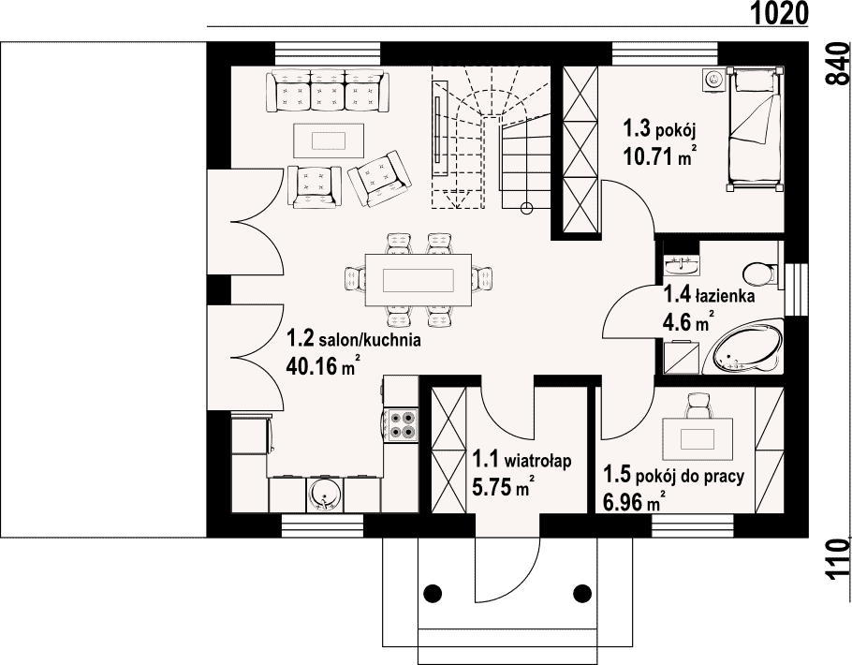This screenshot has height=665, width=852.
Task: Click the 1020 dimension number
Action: (780, 13)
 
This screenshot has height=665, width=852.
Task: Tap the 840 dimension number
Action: (837, 63)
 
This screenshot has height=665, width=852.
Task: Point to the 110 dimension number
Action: (837, 560)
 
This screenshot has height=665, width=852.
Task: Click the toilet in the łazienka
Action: (760, 273)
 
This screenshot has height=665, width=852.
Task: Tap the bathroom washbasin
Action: (682, 266)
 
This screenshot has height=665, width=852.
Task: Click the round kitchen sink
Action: (325, 495)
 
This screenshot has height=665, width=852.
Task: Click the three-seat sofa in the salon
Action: (328, 91)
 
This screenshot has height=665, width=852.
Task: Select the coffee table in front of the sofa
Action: (329, 140)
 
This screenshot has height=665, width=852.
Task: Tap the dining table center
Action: (418, 281)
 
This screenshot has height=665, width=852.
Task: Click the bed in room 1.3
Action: (756, 128)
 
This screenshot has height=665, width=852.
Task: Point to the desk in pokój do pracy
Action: (698, 438)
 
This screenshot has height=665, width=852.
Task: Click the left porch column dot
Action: (433, 592)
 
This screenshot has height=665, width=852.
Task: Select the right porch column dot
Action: (582, 592)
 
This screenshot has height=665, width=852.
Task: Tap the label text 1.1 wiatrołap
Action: (521, 460)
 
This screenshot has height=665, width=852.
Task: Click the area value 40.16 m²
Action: (323, 366)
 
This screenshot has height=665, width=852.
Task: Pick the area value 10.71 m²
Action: (660, 156)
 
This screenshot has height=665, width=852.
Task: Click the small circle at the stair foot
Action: (526, 207)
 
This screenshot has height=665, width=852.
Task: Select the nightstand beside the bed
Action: (712, 80)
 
